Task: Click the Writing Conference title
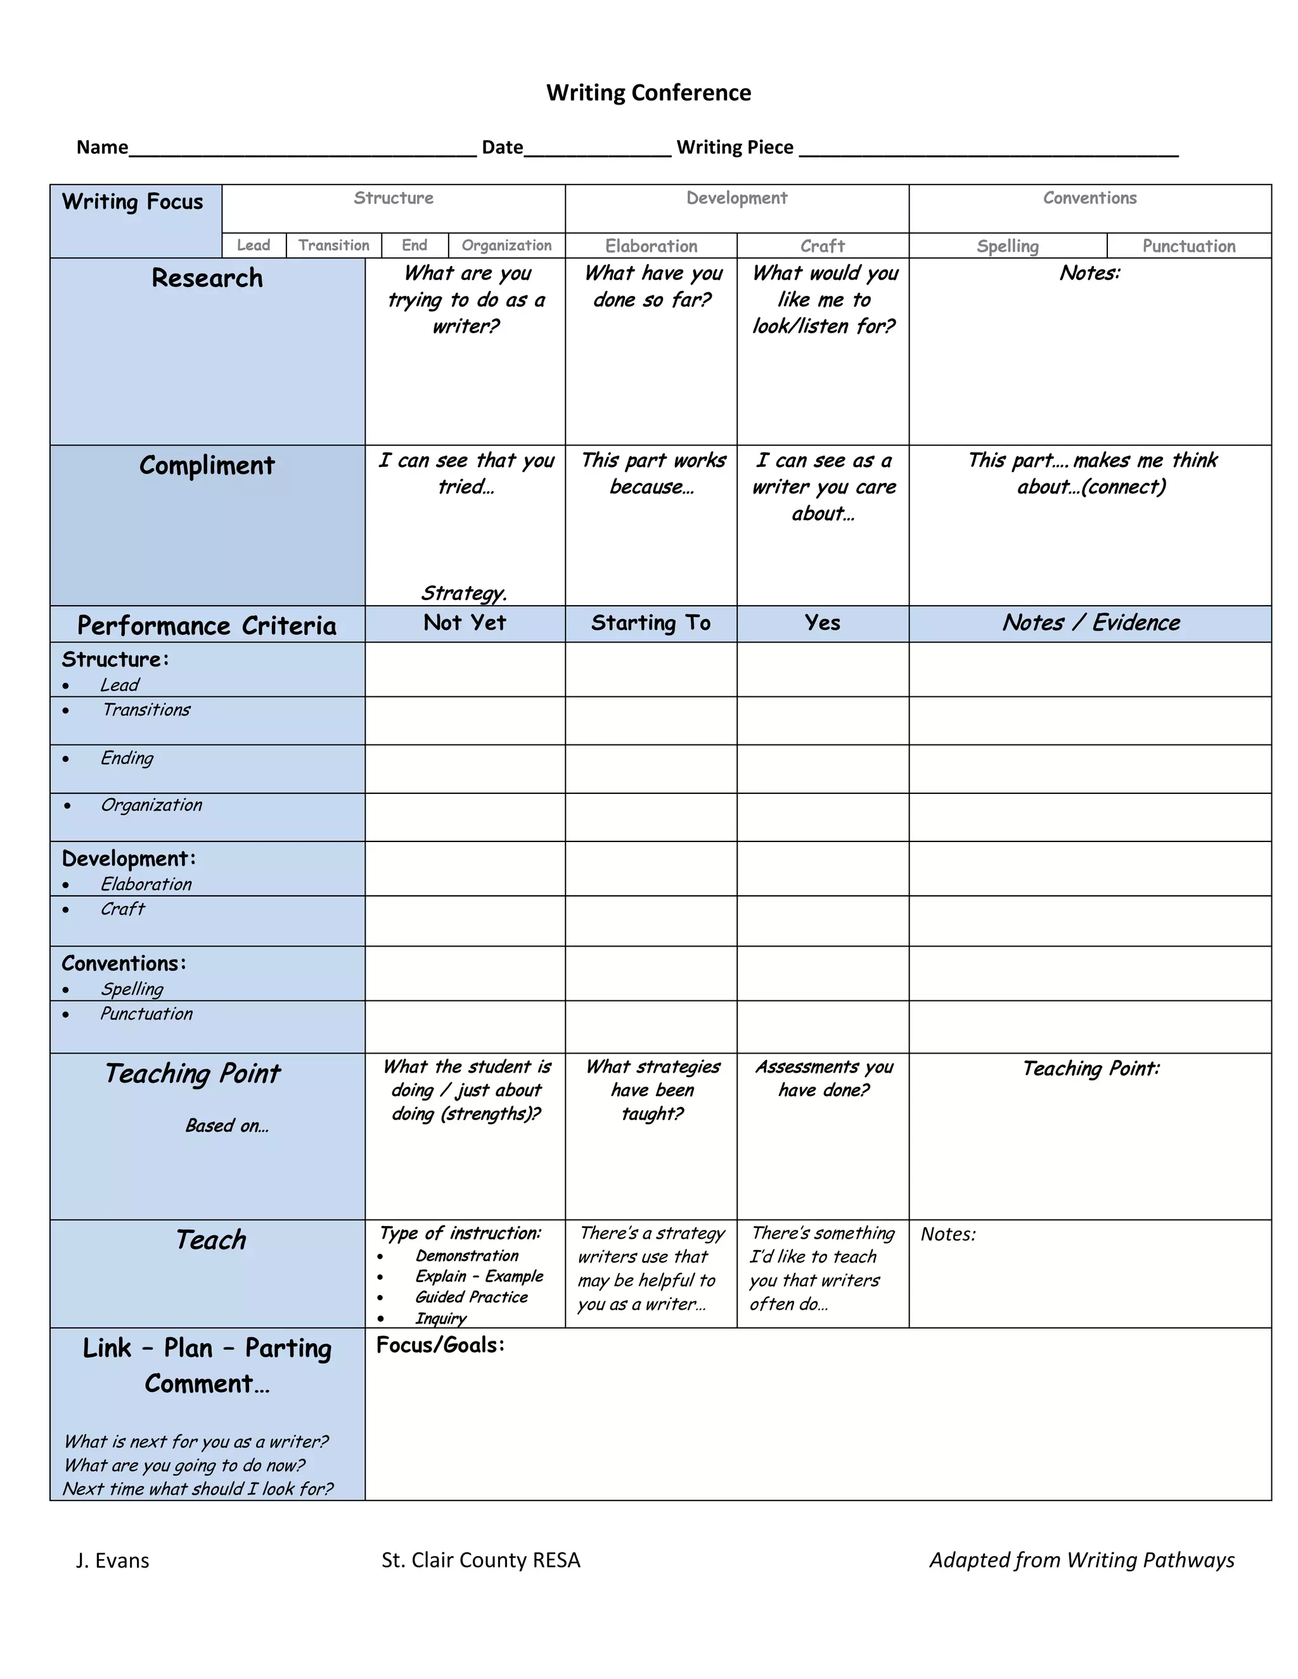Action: [x=648, y=93]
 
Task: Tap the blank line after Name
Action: [x=302, y=149]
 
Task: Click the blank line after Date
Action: [x=596, y=149]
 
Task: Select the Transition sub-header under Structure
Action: [x=334, y=245]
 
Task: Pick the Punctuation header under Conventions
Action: [x=1188, y=246]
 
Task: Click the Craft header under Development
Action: [x=822, y=246]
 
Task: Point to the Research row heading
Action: [x=207, y=278]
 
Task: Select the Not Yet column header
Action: [x=465, y=623]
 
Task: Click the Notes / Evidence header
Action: [x=1089, y=623]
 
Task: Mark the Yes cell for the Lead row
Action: [x=822, y=670]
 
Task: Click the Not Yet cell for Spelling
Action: [x=465, y=973]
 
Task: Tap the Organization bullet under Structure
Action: [x=151, y=805]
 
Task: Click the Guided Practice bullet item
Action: [x=472, y=1297]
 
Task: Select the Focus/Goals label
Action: [x=440, y=1344]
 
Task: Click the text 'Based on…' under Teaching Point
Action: [x=227, y=1125]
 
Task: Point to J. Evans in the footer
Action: [x=112, y=1561]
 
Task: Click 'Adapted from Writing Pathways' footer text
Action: [x=1081, y=1560]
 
